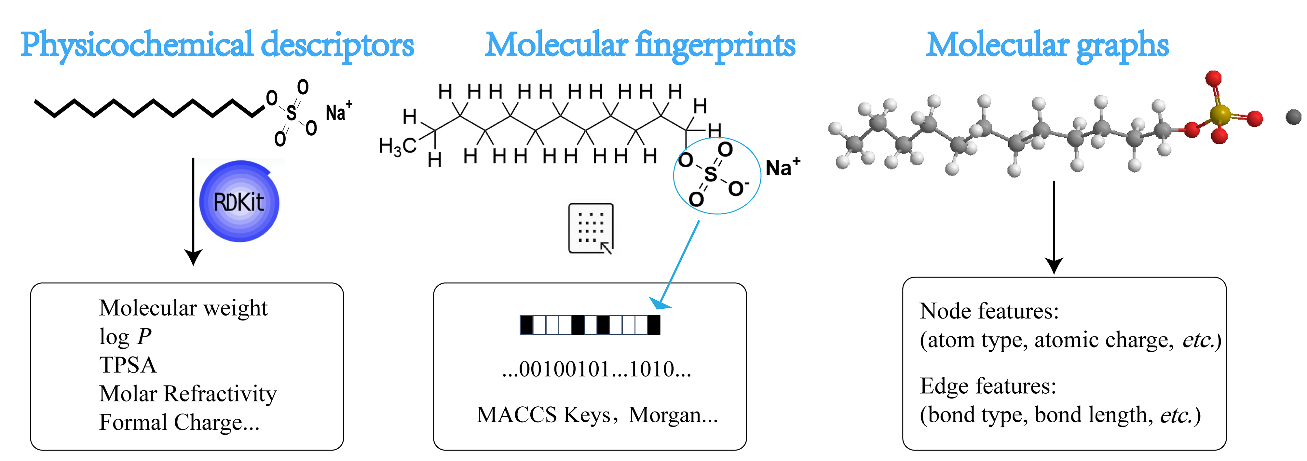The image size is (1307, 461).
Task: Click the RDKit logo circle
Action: tap(239, 201)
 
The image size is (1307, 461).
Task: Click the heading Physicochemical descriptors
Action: tap(217, 46)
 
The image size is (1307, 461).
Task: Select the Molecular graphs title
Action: tap(1047, 46)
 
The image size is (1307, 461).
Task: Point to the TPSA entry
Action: tap(128, 365)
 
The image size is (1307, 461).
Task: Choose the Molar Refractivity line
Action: tap(188, 394)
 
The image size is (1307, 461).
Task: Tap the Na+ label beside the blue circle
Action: tap(783, 167)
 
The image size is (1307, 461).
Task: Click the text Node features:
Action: tap(989, 311)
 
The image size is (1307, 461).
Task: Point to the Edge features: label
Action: tap(988, 386)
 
